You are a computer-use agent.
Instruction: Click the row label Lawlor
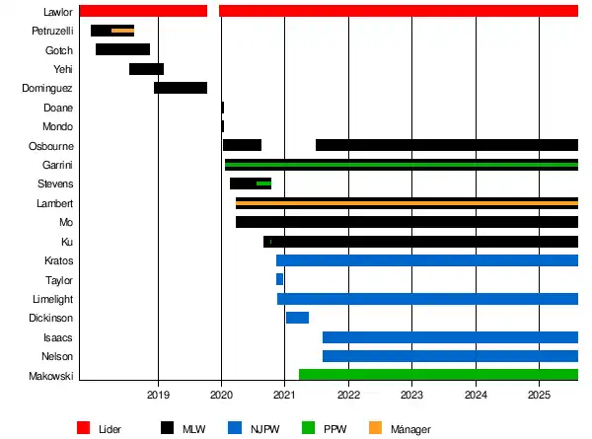58,12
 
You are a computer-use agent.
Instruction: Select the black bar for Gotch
122,49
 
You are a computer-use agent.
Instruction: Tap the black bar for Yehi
146,69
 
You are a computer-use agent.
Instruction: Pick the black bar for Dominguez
181,88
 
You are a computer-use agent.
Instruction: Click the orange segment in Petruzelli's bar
122,31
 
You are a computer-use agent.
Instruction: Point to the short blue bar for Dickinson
297,318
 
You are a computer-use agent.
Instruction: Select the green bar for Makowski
438,375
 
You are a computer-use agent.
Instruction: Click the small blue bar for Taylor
279,279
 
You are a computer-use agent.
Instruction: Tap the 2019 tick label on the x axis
158,396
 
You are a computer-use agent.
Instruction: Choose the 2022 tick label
348,396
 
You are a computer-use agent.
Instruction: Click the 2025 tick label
539,396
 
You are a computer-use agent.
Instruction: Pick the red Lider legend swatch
83,428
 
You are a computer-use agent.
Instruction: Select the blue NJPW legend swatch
234,428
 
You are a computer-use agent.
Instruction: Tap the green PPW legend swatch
309,428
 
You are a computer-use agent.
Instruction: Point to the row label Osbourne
50,146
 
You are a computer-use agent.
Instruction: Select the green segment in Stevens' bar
263,183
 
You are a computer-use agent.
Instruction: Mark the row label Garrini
57,165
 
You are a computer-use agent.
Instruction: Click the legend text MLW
193,428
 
